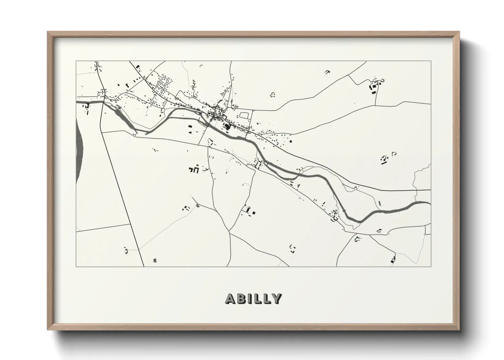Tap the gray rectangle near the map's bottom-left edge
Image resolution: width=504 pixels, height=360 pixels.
[x=155, y=260]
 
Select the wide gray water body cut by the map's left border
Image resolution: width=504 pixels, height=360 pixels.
[x=79, y=150]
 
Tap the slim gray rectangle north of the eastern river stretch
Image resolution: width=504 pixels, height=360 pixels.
[x=380, y=203]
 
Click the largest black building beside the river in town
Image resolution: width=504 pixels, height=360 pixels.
[x=227, y=127]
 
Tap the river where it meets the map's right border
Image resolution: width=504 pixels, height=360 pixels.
[x=429, y=203]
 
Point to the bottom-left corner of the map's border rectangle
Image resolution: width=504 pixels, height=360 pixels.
[x=76, y=266]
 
